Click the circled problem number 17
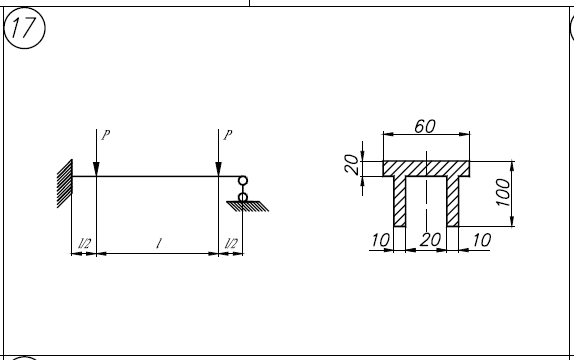pyautogui.click(x=25, y=28)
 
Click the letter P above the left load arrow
pyautogui.click(x=105, y=135)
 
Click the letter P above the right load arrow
pyautogui.click(x=228, y=135)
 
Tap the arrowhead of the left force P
pyautogui.click(x=96, y=169)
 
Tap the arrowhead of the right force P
pyautogui.click(x=219, y=169)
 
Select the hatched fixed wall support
pyautogui.click(x=65, y=183)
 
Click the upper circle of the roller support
pyautogui.click(x=243, y=181)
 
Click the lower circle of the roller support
pyautogui.click(x=243, y=198)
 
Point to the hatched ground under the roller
pyautogui.click(x=248, y=206)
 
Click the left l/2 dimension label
pyautogui.click(x=85, y=244)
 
